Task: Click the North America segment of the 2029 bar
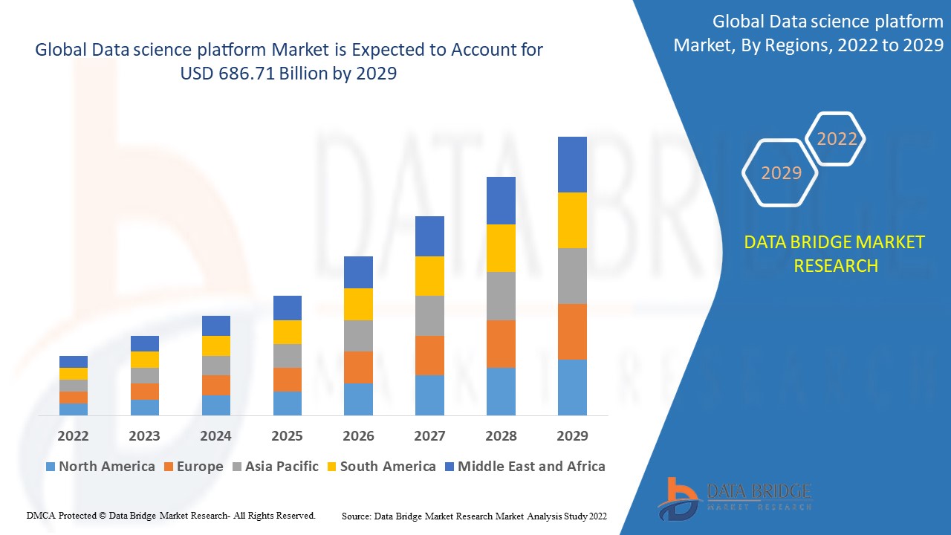572,387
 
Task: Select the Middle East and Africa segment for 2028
501,201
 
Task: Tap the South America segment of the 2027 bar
429,276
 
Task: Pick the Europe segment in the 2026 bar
358,367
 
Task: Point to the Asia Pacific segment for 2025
288,356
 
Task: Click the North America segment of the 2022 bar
74,409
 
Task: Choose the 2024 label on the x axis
215,436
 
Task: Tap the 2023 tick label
144,436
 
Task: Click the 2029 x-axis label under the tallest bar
572,436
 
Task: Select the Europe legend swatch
169,467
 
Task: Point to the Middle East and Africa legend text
531,467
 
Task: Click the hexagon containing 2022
837,139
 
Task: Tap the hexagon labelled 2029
781,173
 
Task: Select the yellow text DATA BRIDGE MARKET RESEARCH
835,253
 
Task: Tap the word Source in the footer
356,516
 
